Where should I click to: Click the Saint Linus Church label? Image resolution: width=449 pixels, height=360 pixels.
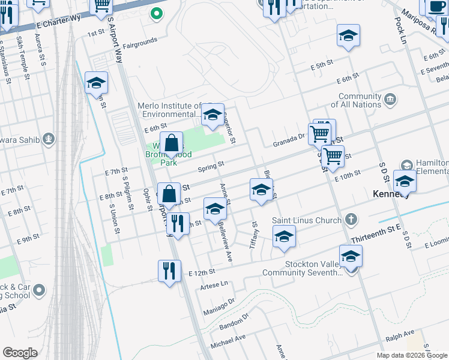[306, 220]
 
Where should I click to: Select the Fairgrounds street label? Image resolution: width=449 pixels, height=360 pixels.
[140, 41]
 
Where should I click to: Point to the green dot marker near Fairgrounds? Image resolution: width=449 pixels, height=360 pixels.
[156, 13]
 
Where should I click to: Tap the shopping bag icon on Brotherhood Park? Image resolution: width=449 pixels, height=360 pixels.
[172, 144]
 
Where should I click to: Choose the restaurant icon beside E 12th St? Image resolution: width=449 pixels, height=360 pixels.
[170, 271]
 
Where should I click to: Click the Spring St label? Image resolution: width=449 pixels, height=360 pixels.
[212, 164]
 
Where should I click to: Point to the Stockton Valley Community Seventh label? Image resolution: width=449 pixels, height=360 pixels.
[302, 268]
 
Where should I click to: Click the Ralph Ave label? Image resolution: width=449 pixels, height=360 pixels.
[400, 334]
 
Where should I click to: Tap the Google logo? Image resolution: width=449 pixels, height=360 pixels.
[19, 352]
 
